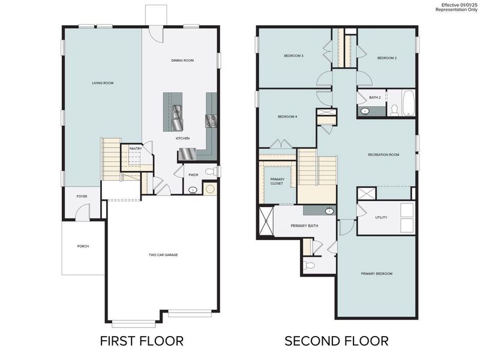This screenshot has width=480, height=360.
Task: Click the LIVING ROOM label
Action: click(103, 83)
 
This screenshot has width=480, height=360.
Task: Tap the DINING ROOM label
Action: click(182, 61)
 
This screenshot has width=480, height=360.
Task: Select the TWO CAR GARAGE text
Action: click(163, 255)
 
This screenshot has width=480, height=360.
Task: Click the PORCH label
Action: click(83, 246)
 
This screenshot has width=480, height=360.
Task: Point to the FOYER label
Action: click(82, 196)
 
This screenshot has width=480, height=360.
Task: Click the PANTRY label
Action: click(136, 148)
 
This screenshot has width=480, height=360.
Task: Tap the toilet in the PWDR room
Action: click(210, 172)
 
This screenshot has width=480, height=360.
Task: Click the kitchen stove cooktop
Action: click(211, 121)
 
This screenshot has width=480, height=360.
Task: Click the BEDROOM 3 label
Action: click(293, 56)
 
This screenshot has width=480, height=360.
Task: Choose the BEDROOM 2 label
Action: click(387, 58)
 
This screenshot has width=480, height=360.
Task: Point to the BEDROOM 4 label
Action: click(287, 116)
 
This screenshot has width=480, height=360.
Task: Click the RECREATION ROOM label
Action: click(383, 155)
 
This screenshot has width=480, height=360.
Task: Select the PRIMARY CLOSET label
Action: click(278, 181)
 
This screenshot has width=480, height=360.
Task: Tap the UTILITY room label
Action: click(381, 217)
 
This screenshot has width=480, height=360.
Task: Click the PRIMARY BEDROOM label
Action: click(376, 274)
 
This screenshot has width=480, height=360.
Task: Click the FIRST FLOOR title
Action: click(142, 341)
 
